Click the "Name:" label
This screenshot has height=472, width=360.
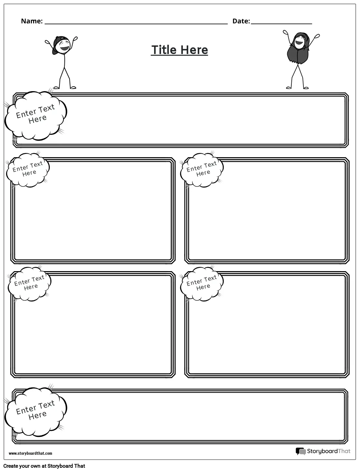(x=32, y=21)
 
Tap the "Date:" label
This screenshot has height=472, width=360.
(x=241, y=21)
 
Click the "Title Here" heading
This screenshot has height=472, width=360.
(x=179, y=50)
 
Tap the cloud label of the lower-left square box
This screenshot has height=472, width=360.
(x=30, y=283)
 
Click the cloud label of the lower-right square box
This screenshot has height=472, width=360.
(x=202, y=283)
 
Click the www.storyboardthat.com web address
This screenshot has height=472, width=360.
(x=30, y=453)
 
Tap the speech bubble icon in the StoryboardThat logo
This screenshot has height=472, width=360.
(x=300, y=451)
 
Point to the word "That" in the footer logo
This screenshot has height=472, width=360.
(x=344, y=451)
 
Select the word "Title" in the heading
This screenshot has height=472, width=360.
(x=164, y=50)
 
